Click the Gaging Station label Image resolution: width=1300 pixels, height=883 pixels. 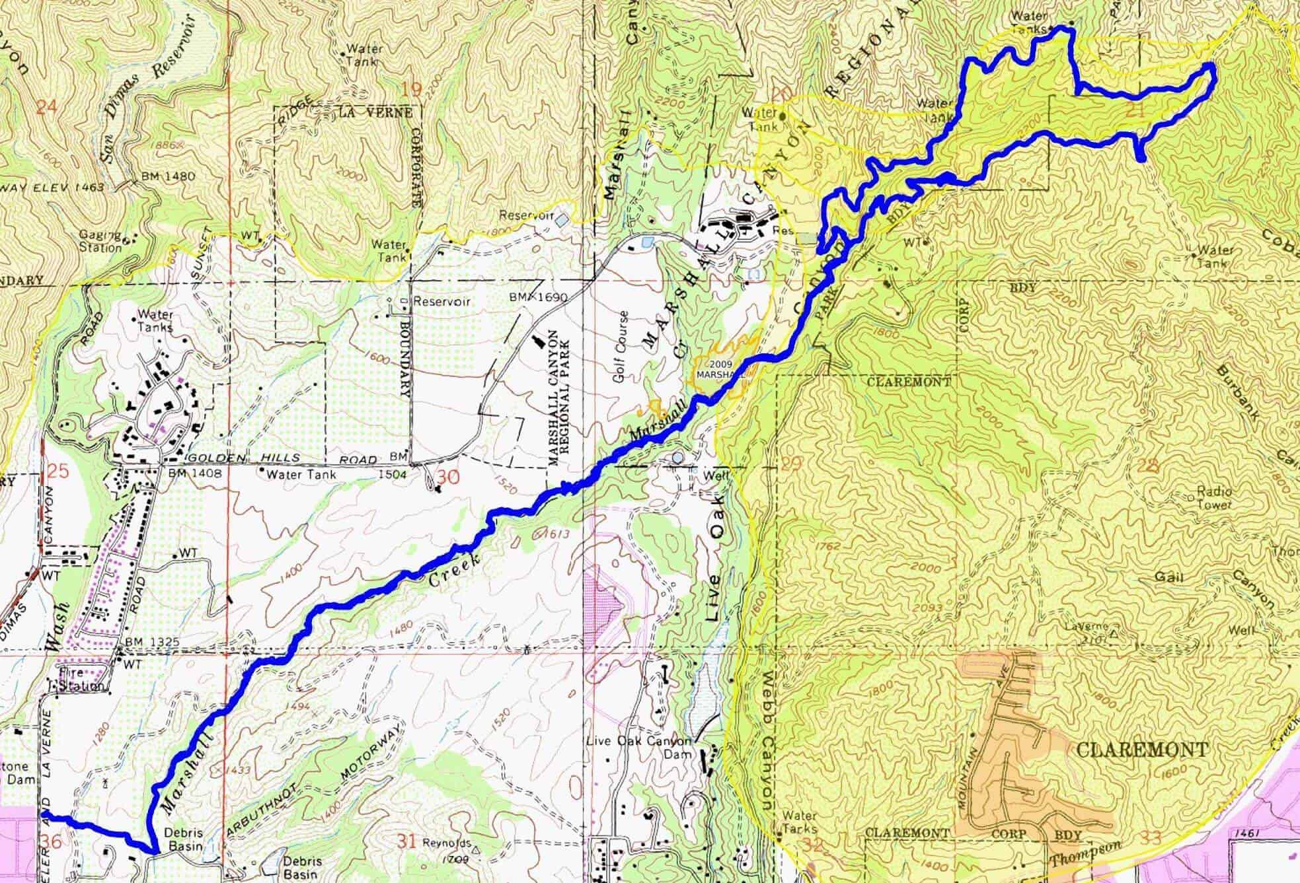[x=101, y=241]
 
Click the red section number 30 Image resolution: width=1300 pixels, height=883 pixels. [x=448, y=476]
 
